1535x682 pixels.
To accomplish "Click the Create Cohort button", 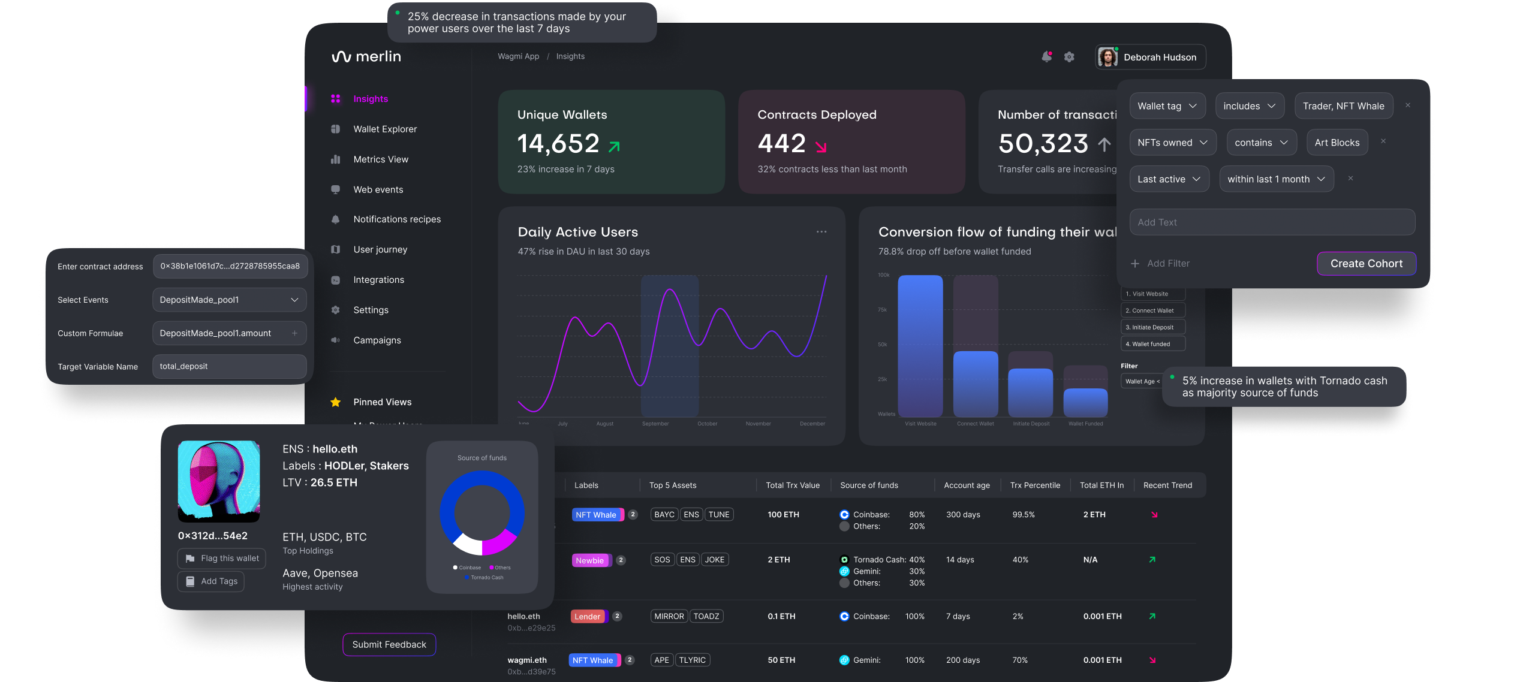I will coord(1366,264).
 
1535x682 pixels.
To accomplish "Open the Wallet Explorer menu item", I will coord(384,129).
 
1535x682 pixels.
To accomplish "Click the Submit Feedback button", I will coord(389,644).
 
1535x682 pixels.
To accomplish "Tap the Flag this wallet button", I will coord(222,558).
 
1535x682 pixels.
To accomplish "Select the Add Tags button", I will coord(211,581).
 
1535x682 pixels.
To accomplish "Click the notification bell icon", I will coord(1046,57).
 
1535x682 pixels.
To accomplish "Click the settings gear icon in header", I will coord(1069,57).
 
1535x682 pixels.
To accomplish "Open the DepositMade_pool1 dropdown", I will coord(229,300).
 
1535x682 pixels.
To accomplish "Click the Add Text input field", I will coord(1272,222).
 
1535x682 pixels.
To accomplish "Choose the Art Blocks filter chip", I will coord(1337,143).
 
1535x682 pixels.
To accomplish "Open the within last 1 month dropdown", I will coord(1276,179).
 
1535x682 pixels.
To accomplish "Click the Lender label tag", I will coord(588,616).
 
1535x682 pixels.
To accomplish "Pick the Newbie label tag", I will coord(590,560).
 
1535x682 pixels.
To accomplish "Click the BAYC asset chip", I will coord(664,514).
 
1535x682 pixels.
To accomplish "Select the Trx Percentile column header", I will coord(1035,485).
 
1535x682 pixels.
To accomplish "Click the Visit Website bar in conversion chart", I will coord(920,346).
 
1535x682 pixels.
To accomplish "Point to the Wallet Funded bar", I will coord(1085,402).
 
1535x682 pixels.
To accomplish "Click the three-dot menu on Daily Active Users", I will coord(821,232).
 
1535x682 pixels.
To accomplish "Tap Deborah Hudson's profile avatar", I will coord(1107,57).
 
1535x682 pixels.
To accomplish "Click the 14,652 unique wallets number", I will coord(558,144).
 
